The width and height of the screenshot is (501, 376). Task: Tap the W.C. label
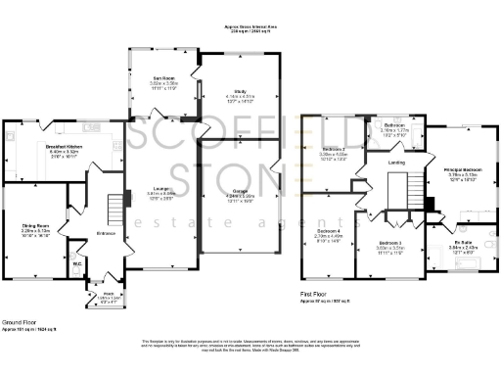77,262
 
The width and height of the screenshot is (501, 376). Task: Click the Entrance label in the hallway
105,231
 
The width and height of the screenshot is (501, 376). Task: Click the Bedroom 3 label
390,243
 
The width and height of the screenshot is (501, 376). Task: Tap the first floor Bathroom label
394,124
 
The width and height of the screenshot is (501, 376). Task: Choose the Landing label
396,163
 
